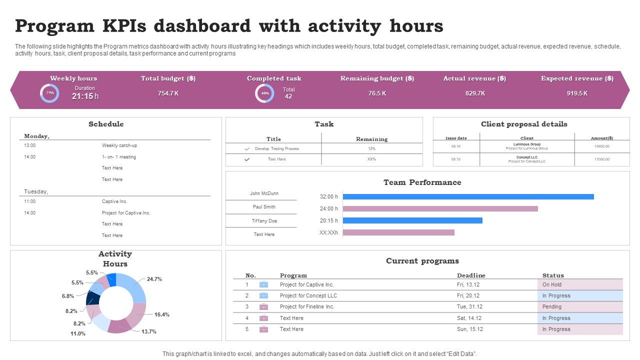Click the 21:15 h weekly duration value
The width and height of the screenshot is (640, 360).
[84, 96]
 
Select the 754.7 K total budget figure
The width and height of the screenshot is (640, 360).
[168, 93]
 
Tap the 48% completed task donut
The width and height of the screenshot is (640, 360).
[264, 93]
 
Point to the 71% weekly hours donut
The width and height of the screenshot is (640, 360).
[49, 93]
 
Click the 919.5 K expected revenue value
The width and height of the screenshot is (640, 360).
[577, 93]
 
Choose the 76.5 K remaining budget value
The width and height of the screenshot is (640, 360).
[377, 93]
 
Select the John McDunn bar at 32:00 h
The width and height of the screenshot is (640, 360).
[468, 196]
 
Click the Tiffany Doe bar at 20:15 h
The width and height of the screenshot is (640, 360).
[412, 220]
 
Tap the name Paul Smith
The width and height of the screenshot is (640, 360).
[264, 207]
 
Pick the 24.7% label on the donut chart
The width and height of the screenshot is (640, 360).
[154, 279]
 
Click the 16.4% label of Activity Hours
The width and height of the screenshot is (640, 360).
[161, 315]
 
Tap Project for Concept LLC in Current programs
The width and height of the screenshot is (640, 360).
[308, 295]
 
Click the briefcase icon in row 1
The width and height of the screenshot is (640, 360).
[263, 284]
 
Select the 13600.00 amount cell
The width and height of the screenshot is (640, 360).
[601, 146]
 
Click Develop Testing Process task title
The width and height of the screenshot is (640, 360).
[276, 149]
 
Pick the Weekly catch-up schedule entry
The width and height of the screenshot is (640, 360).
[119, 145]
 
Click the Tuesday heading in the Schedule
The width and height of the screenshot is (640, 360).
[36, 191]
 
